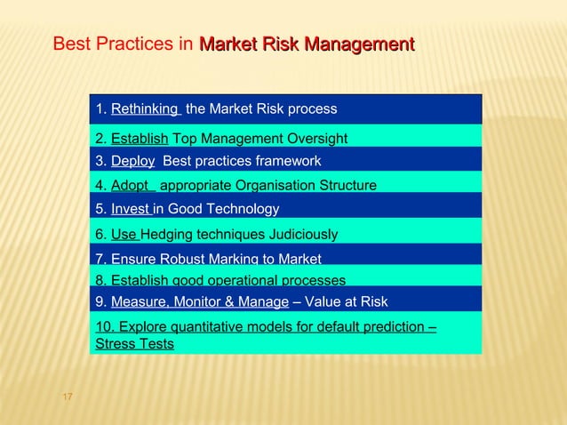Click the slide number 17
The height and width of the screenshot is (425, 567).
67,395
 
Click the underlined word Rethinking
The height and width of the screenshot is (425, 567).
144,109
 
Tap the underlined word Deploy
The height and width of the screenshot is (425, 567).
132,161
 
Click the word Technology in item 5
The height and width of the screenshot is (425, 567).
244,210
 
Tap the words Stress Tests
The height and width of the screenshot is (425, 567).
134,343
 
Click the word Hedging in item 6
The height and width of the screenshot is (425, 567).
170,235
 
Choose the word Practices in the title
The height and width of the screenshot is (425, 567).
131,44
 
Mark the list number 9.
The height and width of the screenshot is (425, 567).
100,301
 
